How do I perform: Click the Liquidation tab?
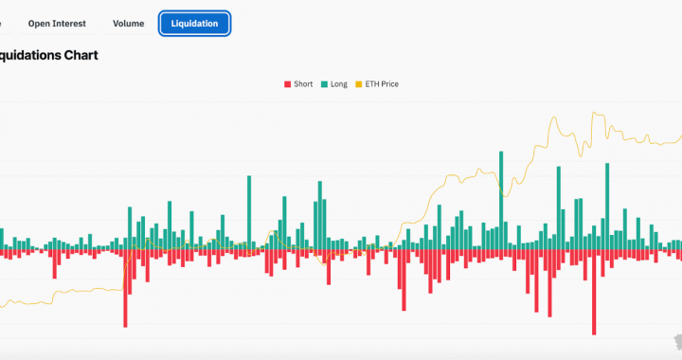[194, 23]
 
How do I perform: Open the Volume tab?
[128, 23]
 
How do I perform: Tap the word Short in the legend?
[303, 84]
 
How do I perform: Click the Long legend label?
[338, 84]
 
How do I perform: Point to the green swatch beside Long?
[324, 84]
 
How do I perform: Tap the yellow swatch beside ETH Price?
[358, 84]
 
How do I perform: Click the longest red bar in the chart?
[594, 293]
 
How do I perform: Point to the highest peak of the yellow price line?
[594, 113]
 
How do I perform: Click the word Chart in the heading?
[81, 55]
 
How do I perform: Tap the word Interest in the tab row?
[68, 23]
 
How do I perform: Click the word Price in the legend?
[388, 84]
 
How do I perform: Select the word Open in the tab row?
[39, 23]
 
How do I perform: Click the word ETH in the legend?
[371, 84]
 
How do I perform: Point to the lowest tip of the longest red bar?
[594, 333]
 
